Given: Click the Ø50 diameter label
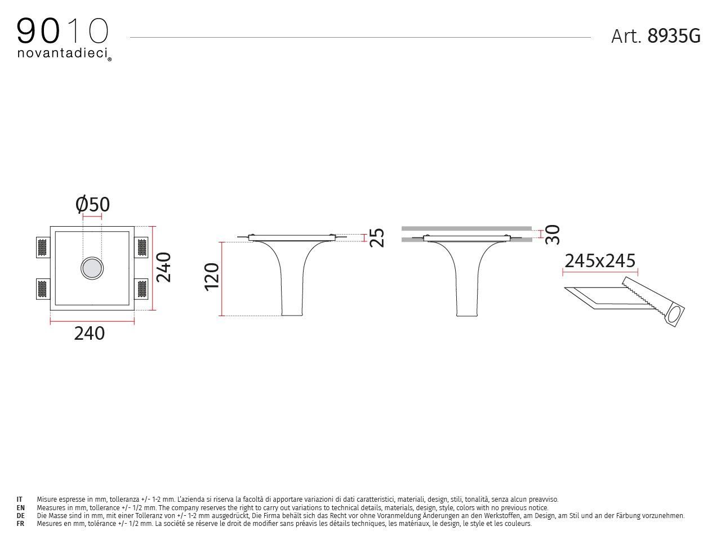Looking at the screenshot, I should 93,205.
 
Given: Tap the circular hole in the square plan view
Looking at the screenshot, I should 92,268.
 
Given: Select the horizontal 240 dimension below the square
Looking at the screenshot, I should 90,334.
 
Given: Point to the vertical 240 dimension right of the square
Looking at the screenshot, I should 163,267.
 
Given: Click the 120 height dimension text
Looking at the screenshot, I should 212,276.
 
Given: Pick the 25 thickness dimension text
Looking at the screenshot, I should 377,237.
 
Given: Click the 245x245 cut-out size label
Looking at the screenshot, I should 600,261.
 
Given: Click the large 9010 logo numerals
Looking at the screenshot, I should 63,31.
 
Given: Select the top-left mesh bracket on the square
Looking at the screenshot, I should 42,247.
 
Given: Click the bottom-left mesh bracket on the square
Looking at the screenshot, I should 42,289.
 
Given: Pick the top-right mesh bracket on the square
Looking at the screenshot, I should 142,247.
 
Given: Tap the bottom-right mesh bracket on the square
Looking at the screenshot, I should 142,289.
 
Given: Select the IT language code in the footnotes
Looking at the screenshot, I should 20,499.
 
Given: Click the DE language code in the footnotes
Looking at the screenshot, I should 20,516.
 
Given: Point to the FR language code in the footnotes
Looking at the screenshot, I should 20,524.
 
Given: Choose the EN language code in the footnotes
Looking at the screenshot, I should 20,508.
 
